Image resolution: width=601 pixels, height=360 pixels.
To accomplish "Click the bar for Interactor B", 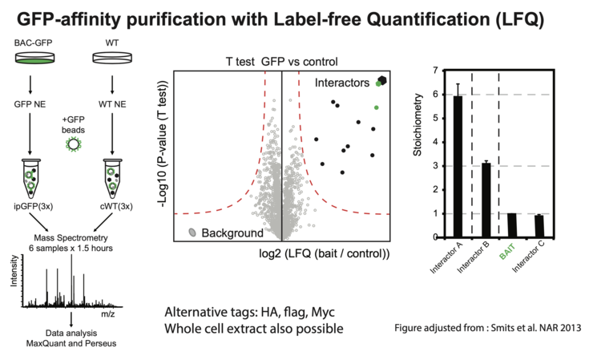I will tap(485, 200).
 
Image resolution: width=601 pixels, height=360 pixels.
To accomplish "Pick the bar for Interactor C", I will tap(538, 226).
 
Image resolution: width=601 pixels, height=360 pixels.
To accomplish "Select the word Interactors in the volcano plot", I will tap(341, 82).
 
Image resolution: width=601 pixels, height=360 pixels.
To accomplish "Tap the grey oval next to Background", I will tap(193, 233).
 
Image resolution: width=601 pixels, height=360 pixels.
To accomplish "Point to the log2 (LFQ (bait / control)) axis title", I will tap(325, 254).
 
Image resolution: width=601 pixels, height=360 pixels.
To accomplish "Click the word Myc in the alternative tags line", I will tap(321, 311).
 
